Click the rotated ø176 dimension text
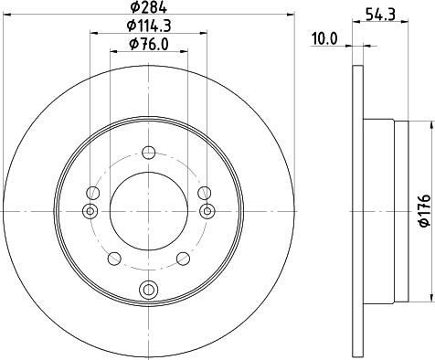click(x=422, y=209)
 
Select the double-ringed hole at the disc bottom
click(x=147, y=291)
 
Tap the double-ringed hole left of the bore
click(x=90, y=212)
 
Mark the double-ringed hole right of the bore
click(x=206, y=212)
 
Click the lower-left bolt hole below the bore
click(x=116, y=256)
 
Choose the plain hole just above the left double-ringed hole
click(x=91, y=193)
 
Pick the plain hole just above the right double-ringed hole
click(x=204, y=193)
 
